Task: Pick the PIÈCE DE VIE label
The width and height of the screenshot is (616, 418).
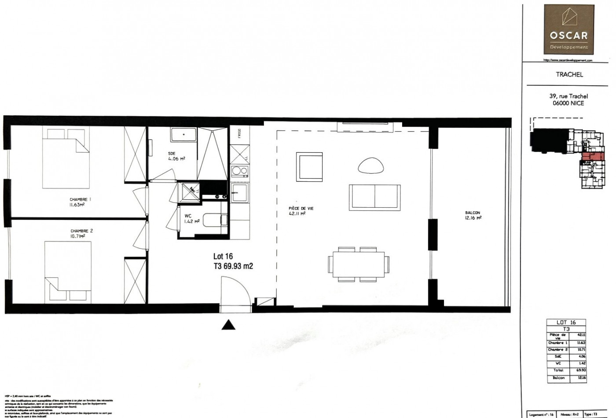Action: [301, 211]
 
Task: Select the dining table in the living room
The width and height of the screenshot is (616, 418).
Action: [359, 264]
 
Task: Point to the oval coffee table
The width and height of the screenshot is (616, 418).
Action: [372, 165]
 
